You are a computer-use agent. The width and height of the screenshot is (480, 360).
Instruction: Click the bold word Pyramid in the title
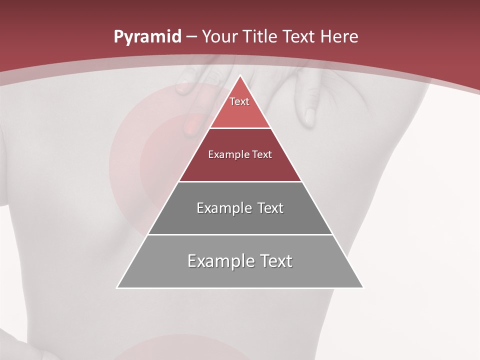tap(147, 36)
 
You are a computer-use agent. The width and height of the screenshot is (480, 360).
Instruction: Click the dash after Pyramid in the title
tap(191, 37)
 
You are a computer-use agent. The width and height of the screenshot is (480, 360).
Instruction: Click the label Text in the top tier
tap(239, 101)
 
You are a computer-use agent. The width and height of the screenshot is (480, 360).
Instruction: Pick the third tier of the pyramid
tap(240, 220)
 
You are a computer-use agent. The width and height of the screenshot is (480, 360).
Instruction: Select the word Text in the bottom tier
tap(273, 261)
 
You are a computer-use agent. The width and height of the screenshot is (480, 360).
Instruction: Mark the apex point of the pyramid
tap(240, 76)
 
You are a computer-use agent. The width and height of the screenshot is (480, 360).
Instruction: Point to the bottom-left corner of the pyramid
tap(117, 287)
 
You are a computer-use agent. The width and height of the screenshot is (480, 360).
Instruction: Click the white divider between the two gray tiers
tap(240, 234)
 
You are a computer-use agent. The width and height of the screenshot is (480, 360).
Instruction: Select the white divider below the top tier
tap(240, 128)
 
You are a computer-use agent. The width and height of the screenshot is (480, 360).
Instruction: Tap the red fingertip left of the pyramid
tap(190, 125)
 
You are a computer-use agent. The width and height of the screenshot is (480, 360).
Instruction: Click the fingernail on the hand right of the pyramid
tap(310, 117)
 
